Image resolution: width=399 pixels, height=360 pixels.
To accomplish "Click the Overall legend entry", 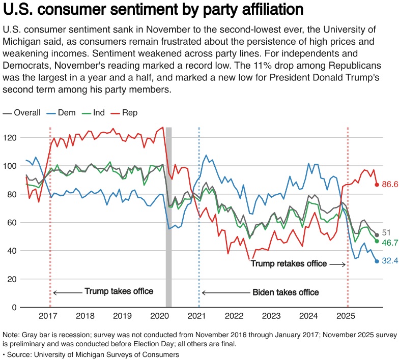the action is (21, 113).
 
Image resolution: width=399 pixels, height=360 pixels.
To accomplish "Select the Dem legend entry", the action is (61, 113).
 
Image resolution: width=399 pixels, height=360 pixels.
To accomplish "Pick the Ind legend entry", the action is (93, 113).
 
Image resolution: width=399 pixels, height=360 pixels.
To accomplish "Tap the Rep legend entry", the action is (124, 113).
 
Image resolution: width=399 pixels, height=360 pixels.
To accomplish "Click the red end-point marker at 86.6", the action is (377, 185).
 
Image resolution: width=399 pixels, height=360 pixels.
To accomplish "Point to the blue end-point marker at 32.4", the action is (377, 261).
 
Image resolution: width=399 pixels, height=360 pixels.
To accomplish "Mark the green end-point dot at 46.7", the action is (377, 241).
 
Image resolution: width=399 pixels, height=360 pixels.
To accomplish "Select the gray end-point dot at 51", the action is (377, 235).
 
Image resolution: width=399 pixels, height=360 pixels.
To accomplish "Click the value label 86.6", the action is (390, 184).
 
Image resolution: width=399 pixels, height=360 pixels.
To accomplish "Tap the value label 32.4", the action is (390, 260).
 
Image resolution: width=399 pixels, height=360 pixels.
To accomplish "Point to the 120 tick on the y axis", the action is (10, 138).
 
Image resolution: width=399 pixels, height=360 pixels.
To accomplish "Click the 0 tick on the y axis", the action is (14, 307).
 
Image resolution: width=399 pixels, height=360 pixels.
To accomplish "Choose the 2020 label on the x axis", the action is (160, 316).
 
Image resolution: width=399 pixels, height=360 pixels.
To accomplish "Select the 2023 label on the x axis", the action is (271, 316).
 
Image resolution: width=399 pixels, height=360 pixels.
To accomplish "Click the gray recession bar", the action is (169, 217).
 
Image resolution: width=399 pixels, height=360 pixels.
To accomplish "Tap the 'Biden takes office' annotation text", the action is (286, 292).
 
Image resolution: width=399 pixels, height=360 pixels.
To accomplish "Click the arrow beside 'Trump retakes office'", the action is (338, 264).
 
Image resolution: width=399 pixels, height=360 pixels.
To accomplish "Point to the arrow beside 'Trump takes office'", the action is (68, 293).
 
